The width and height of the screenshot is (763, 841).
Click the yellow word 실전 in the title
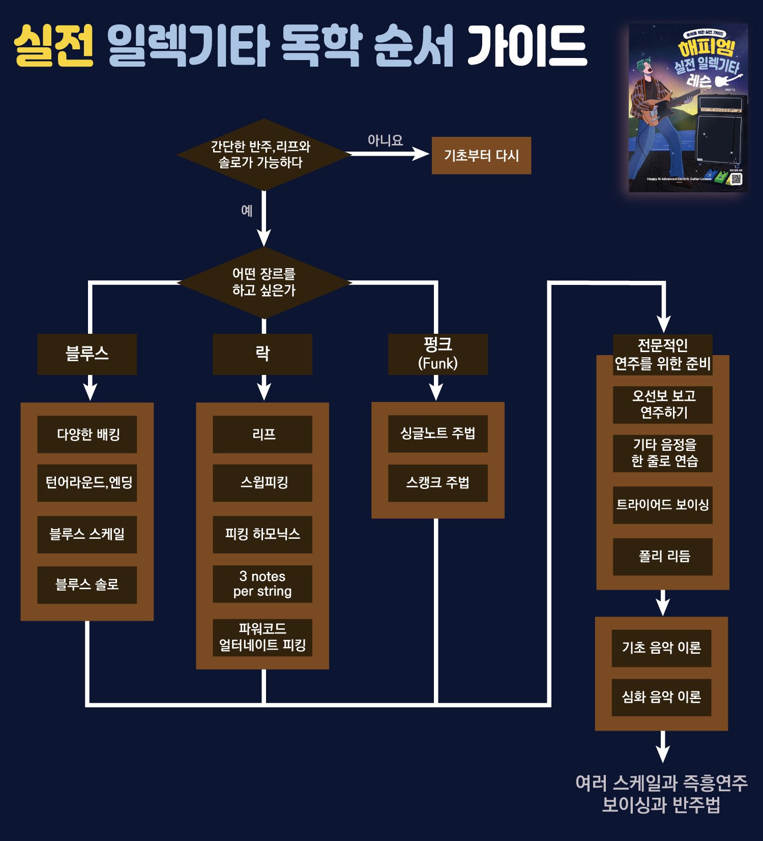click(54, 46)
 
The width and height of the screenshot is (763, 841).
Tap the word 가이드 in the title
click(527, 46)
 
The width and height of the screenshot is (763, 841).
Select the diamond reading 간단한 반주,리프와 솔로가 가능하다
click(263, 155)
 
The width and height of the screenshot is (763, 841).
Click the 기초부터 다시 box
click(481, 156)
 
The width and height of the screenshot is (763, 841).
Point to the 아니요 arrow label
click(385, 140)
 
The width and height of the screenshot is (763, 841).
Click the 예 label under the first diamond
click(247, 211)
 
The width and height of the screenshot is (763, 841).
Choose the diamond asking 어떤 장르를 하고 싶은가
click(263, 282)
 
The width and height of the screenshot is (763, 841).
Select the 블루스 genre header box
click(87, 354)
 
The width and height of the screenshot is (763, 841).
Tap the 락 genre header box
click(262, 354)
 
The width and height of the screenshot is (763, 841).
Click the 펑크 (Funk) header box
click(437, 354)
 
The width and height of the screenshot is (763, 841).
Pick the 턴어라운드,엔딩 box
click(87, 483)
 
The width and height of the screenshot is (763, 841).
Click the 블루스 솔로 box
click(87, 585)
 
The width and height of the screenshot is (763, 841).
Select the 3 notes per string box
click(262, 584)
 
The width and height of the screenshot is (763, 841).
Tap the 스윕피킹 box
click(262, 483)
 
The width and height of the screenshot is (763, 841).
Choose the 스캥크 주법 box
click(437, 483)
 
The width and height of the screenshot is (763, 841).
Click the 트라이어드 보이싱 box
click(662, 505)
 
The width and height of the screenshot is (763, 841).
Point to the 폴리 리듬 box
click(662, 557)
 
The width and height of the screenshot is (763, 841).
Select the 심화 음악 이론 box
click(661, 697)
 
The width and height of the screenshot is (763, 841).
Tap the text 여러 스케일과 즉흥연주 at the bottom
click(661, 783)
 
